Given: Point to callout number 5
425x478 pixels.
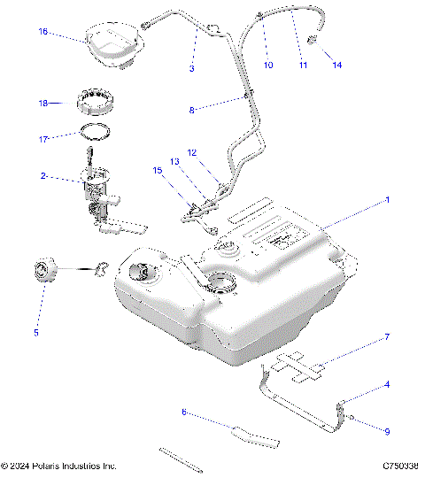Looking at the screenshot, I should [36, 333].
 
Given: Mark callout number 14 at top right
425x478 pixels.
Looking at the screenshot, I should [336, 66].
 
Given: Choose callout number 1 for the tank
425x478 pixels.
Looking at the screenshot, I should [387, 201].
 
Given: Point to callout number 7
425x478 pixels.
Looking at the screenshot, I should [387, 338].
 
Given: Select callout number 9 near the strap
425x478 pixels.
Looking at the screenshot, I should [387, 431].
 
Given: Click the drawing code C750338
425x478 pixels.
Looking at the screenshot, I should [400, 466].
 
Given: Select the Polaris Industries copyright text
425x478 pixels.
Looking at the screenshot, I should [60, 466].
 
